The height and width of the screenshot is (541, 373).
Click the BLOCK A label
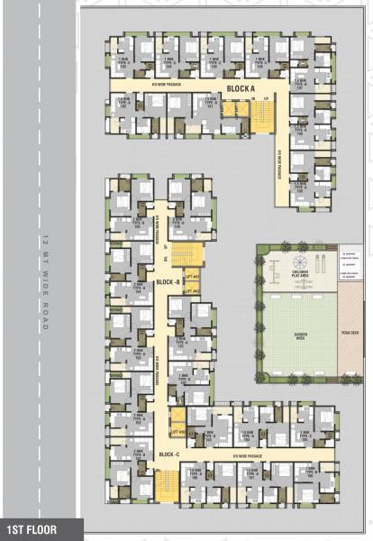tap(241, 88)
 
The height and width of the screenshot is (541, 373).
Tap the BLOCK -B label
tap(167, 282)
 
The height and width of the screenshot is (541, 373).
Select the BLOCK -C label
tap(169, 454)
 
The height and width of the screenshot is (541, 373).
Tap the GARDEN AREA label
tap(297, 331)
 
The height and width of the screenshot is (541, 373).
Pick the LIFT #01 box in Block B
tap(191, 277)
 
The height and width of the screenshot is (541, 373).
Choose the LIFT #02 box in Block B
tap(191, 290)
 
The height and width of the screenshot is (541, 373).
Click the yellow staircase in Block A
tap(262, 115)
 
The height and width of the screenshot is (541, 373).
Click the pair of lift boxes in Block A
tap(234, 109)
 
